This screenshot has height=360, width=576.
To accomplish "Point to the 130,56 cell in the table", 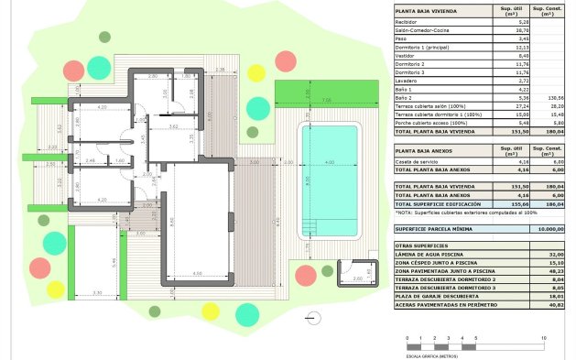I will pyautogui.click(x=552, y=97).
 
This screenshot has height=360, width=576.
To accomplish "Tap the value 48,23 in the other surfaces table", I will pyautogui.click(x=552, y=271).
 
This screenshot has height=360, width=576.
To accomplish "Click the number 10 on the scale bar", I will pyautogui.click(x=545, y=339).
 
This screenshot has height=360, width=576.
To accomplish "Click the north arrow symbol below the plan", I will pyautogui.click(x=314, y=317).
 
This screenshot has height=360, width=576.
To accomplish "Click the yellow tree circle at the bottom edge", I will pyautogui.click(x=211, y=311).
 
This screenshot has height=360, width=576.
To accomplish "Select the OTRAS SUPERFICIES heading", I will pyautogui.click(x=420, y=245).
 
